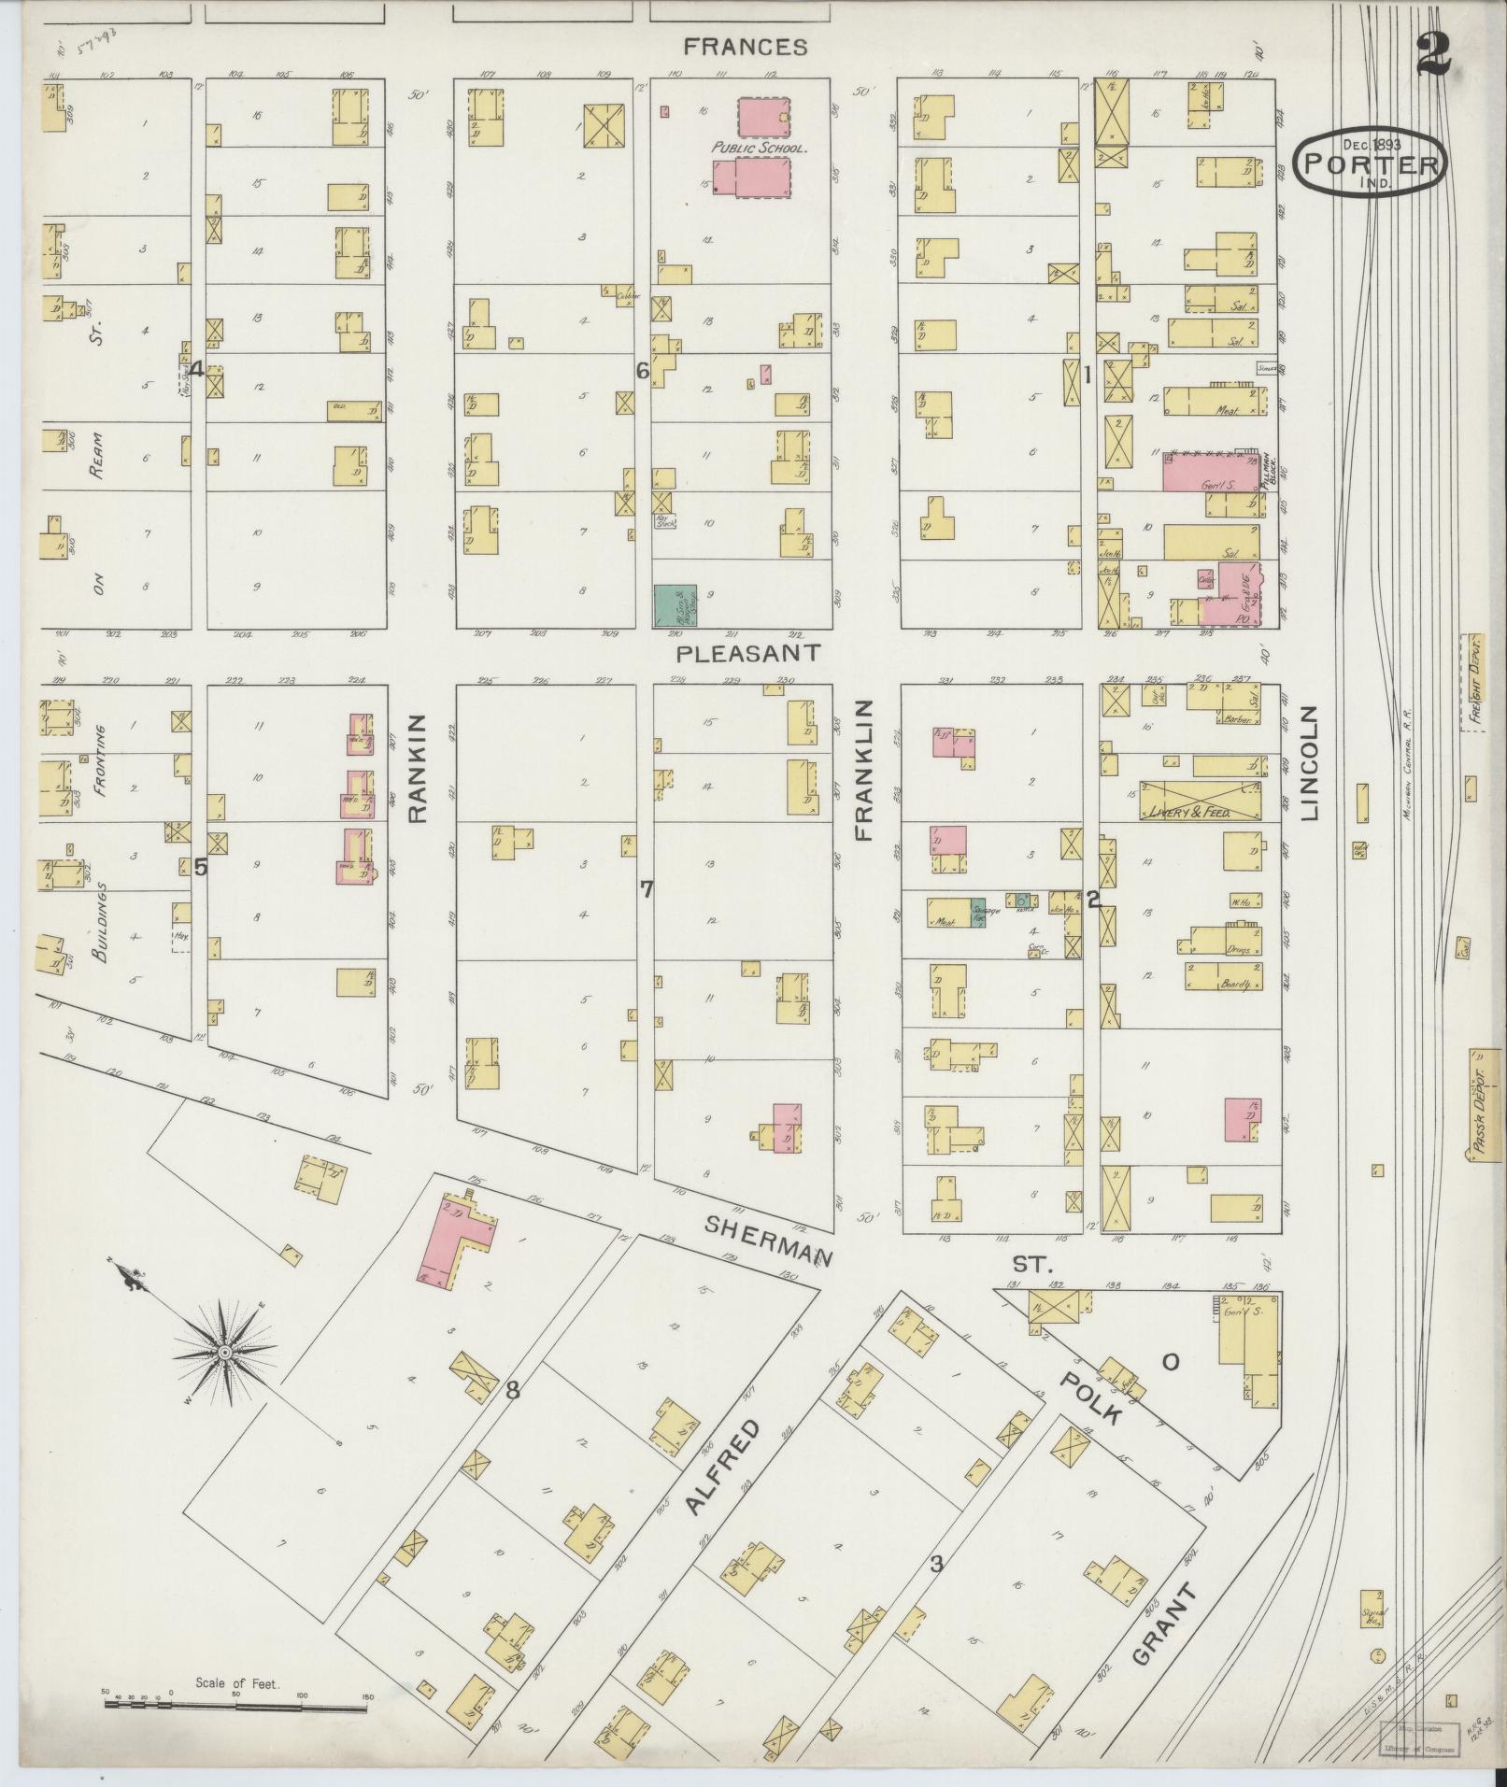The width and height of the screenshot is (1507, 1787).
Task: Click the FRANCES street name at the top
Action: [x=744, y=46]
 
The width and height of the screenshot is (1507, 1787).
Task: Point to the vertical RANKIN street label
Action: [x=417, y=768]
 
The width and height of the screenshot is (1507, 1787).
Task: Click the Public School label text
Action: [x=758, y=148]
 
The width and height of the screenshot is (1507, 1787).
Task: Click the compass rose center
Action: [x=224, y=1352]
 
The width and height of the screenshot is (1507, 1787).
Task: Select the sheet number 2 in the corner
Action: [x=1432, y=56]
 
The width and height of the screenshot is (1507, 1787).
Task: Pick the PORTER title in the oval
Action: [x=1371, y=164]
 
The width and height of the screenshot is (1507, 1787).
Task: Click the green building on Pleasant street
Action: [x=675, y=605]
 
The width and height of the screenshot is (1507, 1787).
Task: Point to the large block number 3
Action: [x=935, y=1564]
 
